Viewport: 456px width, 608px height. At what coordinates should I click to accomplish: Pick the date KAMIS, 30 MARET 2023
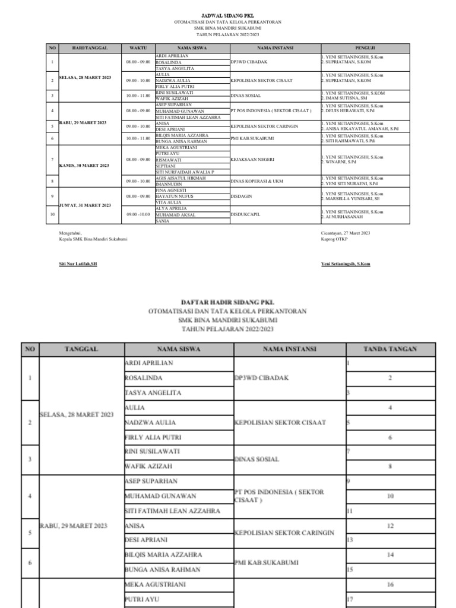[x=84, y=166]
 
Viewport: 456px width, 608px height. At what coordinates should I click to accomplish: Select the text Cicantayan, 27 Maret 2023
[x=345, y=233]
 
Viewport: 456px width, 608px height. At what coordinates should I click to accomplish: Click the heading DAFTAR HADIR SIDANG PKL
[x=227, y=302]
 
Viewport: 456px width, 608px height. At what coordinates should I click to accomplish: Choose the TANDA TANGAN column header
[x=390, y=350]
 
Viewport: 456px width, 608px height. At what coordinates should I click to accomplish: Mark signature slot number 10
[x=390, y=495]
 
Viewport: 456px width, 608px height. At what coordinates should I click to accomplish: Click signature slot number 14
[x=390, y=554]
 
